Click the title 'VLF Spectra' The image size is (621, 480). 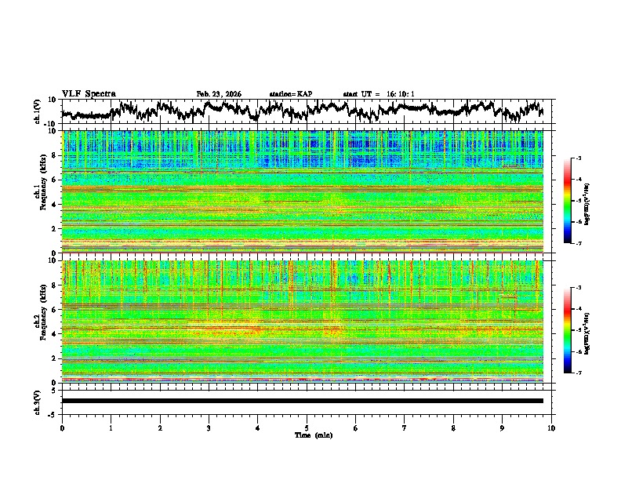pyautogui.click(x=89, y=93)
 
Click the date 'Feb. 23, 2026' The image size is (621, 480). pyautogui.click(x=219, y=94)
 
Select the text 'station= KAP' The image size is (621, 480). pyautogui.click(x=290, y=94)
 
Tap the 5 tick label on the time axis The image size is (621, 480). pyautogui.click(x=307, y=427)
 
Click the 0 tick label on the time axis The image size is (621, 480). pyautogui.click(x=62, y=427)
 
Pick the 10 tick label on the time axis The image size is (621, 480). pyautogui.click(x=551, y=427)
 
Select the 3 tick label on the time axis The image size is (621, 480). pyautogui.click(x=209, y=427)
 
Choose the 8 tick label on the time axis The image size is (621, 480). pyautogui.click(x=453, y=427)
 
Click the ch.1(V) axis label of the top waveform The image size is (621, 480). pyautogui.click(x=38, y=111)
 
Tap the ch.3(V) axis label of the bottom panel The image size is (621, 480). pyautogui.click(x=38, y=401)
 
